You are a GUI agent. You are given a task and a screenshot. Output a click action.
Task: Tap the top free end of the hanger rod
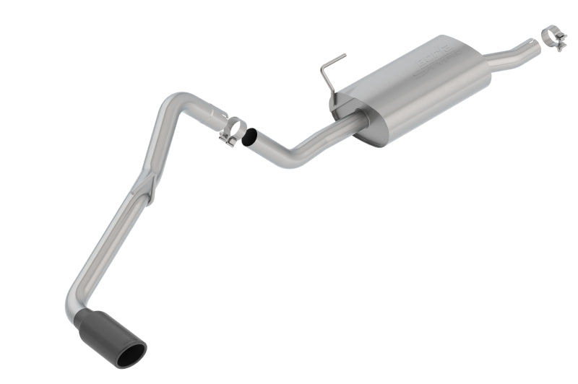pyautogui.click(x=344, y=55)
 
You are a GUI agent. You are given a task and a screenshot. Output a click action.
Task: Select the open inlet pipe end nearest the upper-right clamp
pyautogui.click(x=533, y=45)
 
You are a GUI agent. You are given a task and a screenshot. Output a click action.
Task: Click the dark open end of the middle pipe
pyautogui.click(x=250, y=137)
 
